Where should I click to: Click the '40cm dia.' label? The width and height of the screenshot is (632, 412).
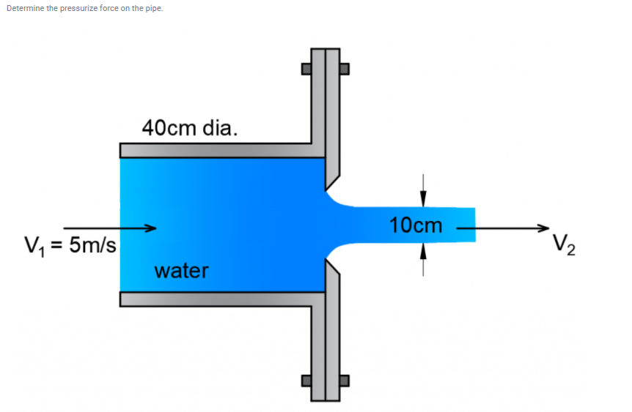(189, 128)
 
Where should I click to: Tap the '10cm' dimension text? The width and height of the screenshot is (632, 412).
(416, 225)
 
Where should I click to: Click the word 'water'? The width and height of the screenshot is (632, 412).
(181, 271)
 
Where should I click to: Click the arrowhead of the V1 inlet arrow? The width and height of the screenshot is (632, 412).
(151, 228)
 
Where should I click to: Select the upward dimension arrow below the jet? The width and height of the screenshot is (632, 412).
(422, 253)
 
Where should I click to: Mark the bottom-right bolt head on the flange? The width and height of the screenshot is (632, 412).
(345, 381)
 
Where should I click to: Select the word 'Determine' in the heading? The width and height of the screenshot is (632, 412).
(23, 8)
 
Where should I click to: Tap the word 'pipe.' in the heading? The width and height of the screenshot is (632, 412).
(153, 8)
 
